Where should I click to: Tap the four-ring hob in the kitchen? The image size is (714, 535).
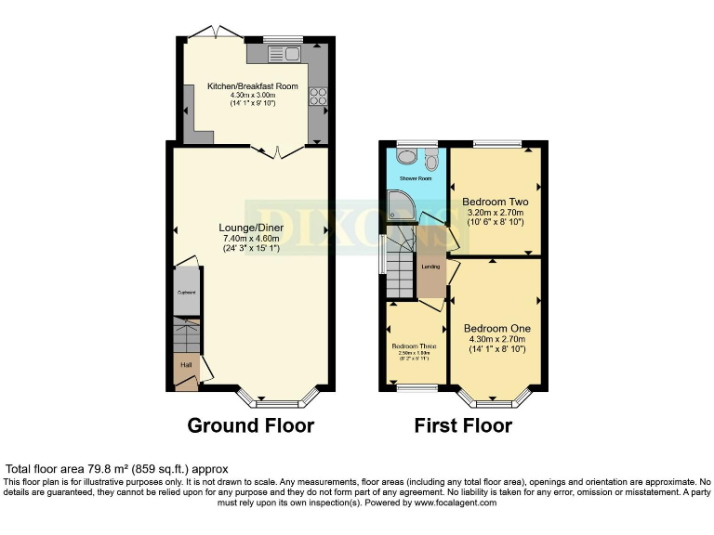[x=317, y=96]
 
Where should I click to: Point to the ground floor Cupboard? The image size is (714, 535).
[x=187, y=292]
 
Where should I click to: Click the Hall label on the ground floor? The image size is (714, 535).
[x=186, y=365]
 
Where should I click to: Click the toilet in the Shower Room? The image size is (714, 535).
[x=430, y=159]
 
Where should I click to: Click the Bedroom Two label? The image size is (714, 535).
[x=496, y=202]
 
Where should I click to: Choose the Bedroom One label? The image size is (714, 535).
[x=497, y=329]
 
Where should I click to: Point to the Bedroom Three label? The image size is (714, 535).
[x=414, y=346]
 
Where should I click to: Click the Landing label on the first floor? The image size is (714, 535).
[x=430, y=267]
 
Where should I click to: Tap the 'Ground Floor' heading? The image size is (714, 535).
[x=250, y=425]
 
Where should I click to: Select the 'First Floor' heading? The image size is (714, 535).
[x=463, y=425]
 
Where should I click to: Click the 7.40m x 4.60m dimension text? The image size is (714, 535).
[x=252, y=239]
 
